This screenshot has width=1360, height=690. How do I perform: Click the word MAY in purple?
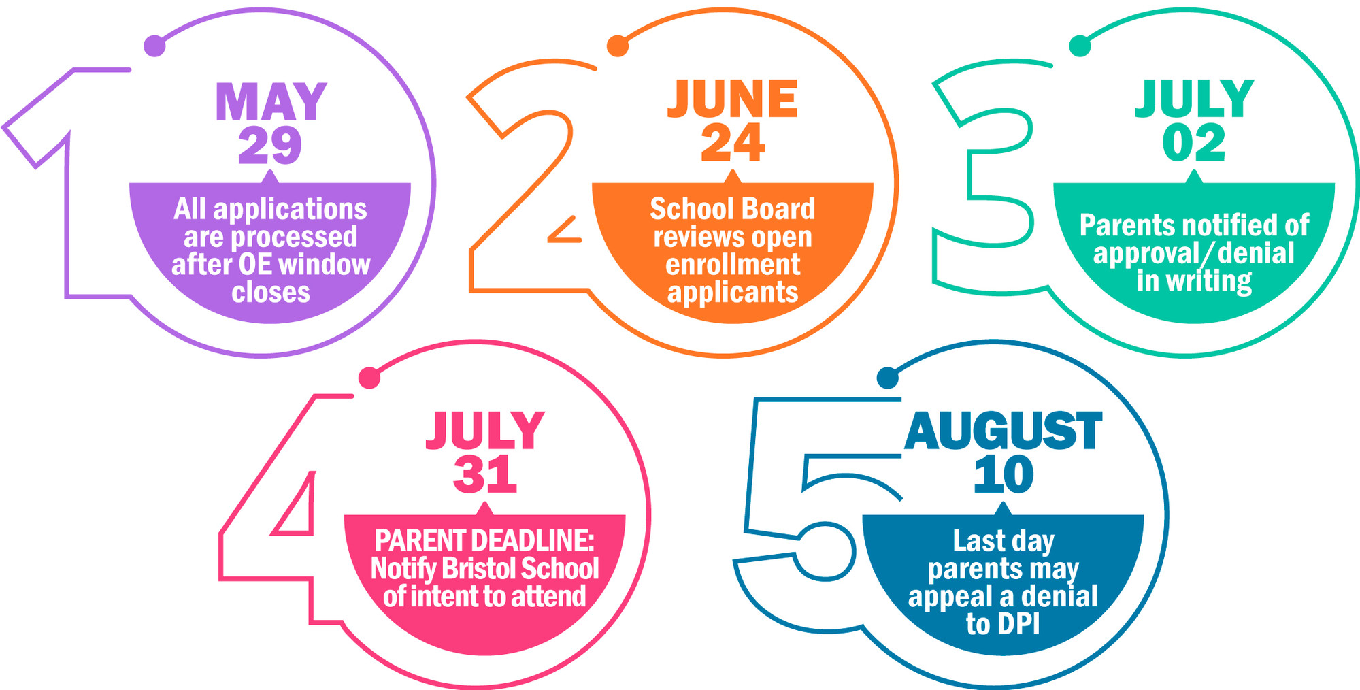pos(271,102)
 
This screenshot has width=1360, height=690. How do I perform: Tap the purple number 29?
pos(270,145)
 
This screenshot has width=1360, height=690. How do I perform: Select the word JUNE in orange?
pos(732,99)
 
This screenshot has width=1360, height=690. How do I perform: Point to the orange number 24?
pos(733,143)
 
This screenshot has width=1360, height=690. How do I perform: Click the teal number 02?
pos(1193,143)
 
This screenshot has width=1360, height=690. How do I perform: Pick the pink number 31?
pos(485,474)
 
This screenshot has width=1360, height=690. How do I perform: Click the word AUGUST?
pos(1003,431)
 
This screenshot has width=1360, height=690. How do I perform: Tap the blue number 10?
pos(1003,474)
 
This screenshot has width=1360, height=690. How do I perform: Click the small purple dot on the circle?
pos(155,46)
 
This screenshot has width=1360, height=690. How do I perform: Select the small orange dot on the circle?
pos(617,46)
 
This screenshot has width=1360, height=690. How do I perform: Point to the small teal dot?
pos(1080,46)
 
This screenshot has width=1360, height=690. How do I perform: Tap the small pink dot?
pos(369,378)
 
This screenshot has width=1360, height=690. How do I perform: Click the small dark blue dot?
pos(887,378)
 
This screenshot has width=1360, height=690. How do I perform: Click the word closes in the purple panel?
pos(271,292)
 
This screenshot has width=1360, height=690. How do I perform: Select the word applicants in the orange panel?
pos(733,293)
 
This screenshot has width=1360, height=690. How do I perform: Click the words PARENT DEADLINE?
pos(484,540)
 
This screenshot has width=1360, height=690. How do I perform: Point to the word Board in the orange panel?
pos(784,209)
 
